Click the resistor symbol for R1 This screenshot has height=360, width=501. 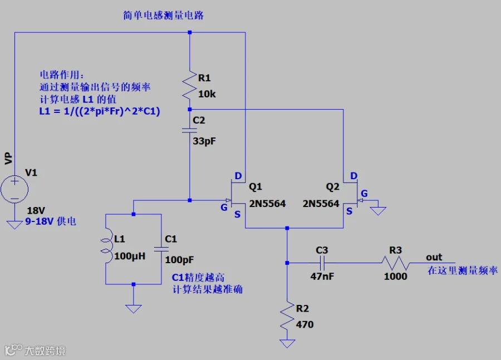coord(189,85)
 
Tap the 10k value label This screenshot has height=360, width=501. coord(207,94)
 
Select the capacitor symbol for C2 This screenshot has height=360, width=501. coord(189,130)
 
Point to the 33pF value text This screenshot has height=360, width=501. coord(204,141)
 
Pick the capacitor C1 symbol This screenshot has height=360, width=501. coord(161,249)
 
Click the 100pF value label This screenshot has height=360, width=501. coord(179,260)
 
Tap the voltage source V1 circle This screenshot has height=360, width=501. coord(14,189)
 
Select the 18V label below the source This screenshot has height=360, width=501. coord(36,210)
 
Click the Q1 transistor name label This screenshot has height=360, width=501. coord(256,186)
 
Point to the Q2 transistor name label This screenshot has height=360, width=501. coord(332,186)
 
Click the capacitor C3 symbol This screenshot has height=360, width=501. coord(322,263)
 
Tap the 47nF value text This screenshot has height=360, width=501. coord(322,277)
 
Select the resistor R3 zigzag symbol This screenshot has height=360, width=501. coord(396,263)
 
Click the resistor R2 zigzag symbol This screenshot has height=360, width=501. coord(287,315)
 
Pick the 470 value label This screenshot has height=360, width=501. coord(304,324)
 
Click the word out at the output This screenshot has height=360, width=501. coord(434,257)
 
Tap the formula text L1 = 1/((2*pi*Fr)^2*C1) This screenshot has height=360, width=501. coord(100,111)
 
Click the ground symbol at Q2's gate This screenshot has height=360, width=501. coord(379,211)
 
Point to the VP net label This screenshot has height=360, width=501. coord(8,159)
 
